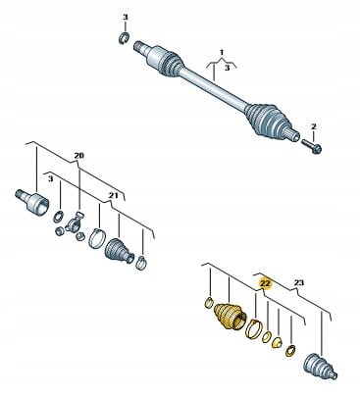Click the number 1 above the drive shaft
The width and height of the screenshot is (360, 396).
pyautogui.click(x=222, y=50)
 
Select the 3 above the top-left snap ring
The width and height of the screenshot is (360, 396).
pyautogui.click(x=126, y=18)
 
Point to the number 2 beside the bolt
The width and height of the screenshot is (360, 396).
pyautogui.click(x=314, y=126)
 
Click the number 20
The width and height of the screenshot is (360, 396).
pyautogui.click(x=79, y=155)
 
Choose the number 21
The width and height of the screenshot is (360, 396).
pyautogui.click(x=114, y=196)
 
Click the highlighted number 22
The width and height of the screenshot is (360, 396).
pyautogui.click(x=264, y=281)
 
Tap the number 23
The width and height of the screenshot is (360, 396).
pyautogui.click(x=300, y=282)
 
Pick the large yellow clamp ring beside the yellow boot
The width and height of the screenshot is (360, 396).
pyautogui.click(x=257, y=328)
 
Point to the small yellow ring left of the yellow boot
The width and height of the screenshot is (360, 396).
pyautogui.click(x=208, y=300)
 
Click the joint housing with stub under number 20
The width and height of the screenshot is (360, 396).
pyautogui.click(x=31, y=203)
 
